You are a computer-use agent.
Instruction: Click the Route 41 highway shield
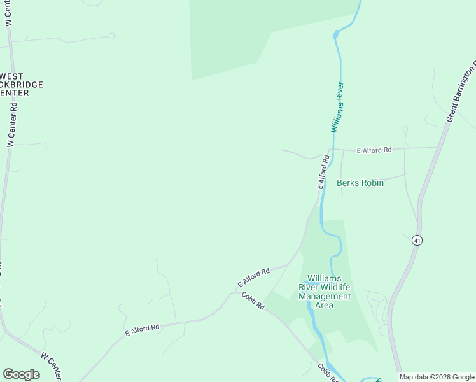pyautogui.click(x=417, y=240)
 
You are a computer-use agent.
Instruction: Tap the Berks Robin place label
pyautogui.click(x=360, y=183)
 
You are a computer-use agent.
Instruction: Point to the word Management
pyautogui.click(x=325, y=296)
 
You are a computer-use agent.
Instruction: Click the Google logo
pyautogui.click(x=21, y=374)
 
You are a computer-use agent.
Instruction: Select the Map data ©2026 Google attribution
pyautogui.click(x=437, y=377)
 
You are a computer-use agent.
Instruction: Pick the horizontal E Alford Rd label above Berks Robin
pyautogui.click(x=374, y=150)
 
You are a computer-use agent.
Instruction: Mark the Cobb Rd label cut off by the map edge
pyautogui.click(x=328, y=374)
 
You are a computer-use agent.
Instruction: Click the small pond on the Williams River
pyautogui.click(x=336, y=34)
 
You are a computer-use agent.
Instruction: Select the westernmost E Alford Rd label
pyautogui.click(x=142, y=329)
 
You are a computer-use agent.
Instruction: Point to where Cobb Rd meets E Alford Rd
pyautogui.click(x=237, y=291)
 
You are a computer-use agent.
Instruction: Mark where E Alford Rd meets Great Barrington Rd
pyautogui.click(x=438, y=148)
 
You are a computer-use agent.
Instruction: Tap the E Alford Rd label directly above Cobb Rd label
pyautogui.click(x=254, y=277)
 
